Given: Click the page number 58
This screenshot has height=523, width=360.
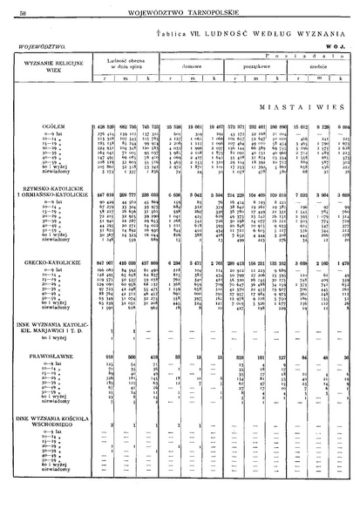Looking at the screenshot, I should pyautogui.click(x=20, y=10).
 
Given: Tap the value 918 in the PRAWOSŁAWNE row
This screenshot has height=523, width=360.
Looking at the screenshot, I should pyautogui.click(x=112, y=404).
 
